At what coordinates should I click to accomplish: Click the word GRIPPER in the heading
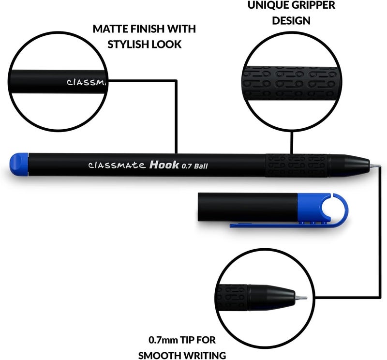click(313, 5)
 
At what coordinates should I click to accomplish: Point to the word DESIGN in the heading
click(291, 21)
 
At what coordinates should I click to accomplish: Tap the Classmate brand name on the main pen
click(116, 165)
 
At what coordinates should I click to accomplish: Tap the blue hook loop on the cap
click(336, 208)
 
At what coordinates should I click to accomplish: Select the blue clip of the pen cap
click(281, 225)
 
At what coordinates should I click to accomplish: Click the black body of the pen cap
click(247, 205)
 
